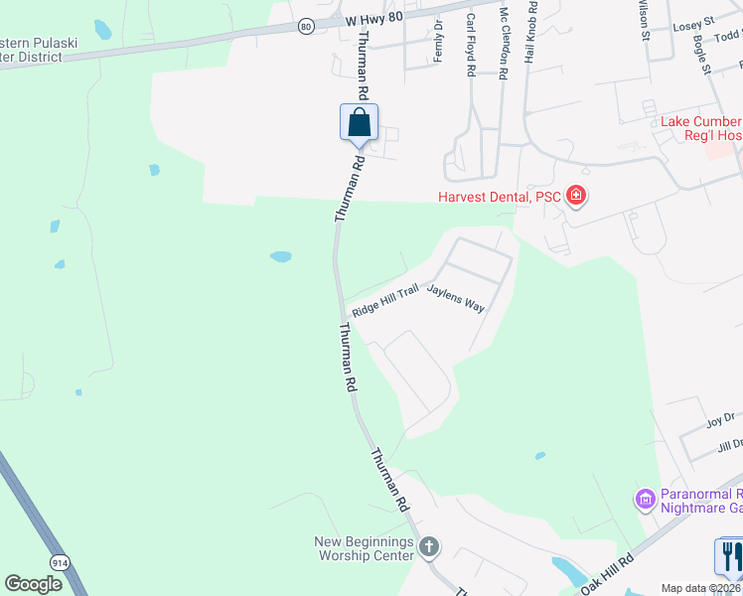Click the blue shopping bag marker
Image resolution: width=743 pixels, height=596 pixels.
[x=359, y=124]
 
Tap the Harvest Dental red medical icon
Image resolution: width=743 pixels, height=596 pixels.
[x=575, y=197]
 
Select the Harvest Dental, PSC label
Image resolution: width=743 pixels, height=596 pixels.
[x=500, y=197]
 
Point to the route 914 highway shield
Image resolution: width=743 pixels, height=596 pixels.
[x=62, y=562]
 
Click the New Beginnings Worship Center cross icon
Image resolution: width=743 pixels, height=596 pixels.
[x=429, y=545]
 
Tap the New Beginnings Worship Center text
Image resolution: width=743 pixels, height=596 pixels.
[x=364, y=548]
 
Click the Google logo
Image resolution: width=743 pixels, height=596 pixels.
[x=33, y=583]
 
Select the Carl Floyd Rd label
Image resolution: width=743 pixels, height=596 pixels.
[x=470, y=46]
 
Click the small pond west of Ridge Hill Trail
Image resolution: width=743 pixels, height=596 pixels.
[x=280, y=256]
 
